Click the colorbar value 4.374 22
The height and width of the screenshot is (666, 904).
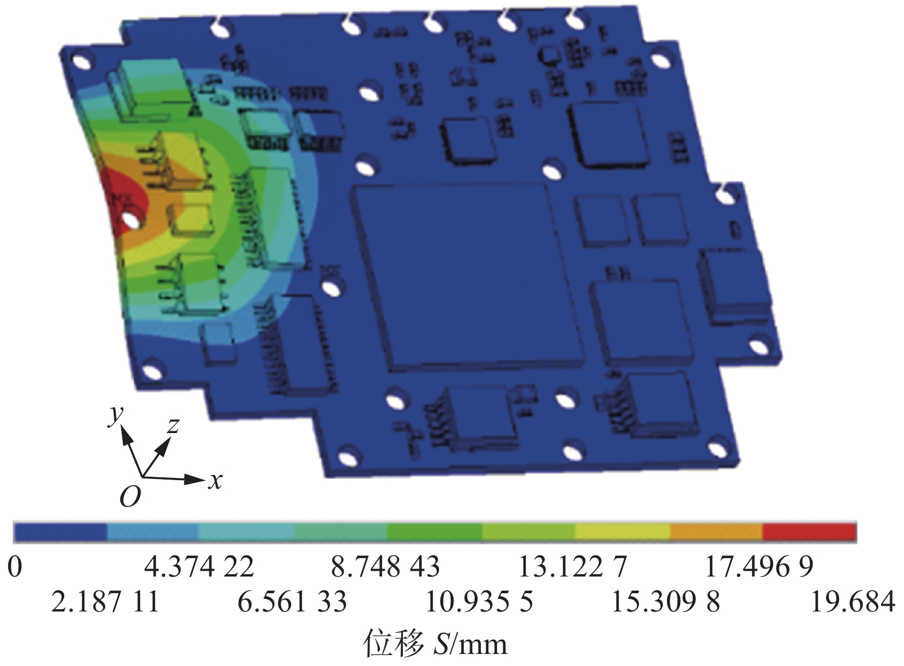click(x=199, y=566)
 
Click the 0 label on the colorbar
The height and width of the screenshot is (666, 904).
click(x=14, y=567)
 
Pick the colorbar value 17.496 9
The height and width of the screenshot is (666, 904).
click(x=759, y=566)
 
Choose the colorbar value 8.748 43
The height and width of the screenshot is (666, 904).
click(x=385, y=566)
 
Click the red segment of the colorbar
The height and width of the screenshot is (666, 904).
click(x=809, y=532)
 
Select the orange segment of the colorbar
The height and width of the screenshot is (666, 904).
click(x=716, y=532)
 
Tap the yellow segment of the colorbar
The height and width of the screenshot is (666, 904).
click(x=622, y=532)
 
